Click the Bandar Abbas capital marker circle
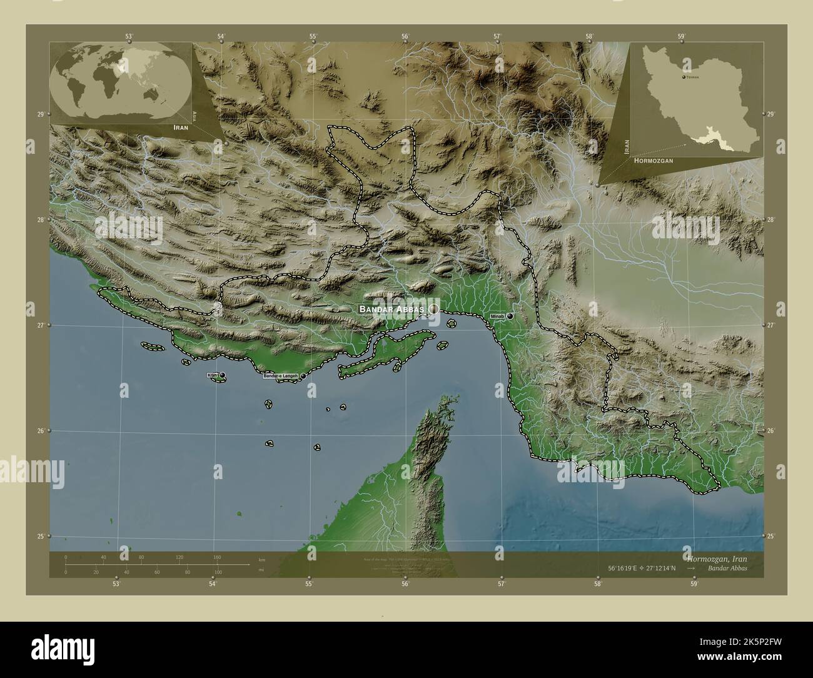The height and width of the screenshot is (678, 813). point(433,309)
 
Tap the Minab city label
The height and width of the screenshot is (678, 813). point(498,316)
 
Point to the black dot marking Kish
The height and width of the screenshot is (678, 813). point(223,375)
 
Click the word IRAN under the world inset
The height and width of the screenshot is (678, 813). point(181,127)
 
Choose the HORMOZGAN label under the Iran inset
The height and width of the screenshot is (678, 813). point(653,161)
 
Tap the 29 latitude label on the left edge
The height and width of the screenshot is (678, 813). point(41,114)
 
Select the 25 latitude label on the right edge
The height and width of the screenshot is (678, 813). point(770,536)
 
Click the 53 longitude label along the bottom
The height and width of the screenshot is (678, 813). point(116,584)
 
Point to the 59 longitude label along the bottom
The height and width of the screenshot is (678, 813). point(694,584)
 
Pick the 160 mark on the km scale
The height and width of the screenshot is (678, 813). point(217,557)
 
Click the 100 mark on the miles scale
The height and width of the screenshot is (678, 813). point(217,572)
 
